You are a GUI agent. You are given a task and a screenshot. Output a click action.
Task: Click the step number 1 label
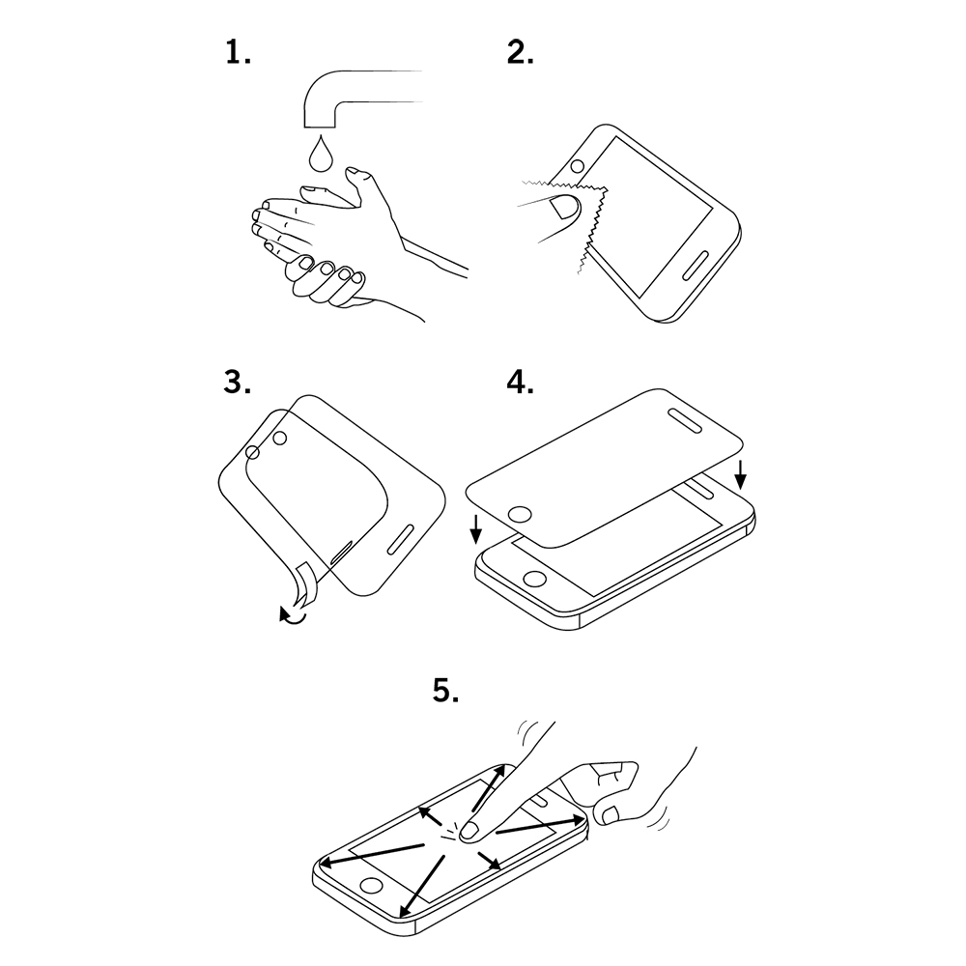pos(238,52)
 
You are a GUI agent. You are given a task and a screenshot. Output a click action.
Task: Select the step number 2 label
pos(521,52)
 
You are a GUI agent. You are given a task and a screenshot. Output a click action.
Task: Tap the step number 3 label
pos(238,383)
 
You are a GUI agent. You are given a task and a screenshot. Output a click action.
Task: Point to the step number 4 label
pos(521,383)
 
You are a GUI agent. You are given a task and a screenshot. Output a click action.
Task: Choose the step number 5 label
pos(445,691)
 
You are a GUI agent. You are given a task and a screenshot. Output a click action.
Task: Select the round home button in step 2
pos(578,167)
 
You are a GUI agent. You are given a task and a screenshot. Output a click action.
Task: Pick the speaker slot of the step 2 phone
pos(696,266)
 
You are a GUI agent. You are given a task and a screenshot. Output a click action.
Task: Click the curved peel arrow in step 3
pos(292,615)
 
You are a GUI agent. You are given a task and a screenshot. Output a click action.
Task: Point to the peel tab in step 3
pos(306,582)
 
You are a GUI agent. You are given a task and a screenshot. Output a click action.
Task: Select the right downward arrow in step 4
pos(741,475)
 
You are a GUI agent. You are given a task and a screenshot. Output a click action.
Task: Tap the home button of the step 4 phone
pos(534,579)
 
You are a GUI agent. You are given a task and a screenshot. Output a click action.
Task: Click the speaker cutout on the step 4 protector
pos(686,419)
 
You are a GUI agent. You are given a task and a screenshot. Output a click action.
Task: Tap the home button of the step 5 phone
pos(371,886)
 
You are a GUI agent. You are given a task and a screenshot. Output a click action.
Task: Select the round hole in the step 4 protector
pos(521,515)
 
